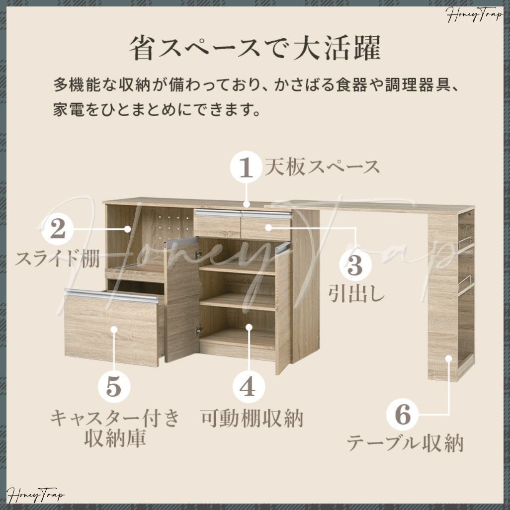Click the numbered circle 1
(246, 169)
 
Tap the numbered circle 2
(58, 229)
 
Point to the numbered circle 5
(114, 386)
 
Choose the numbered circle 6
(403, 414)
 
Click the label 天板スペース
(322, 167)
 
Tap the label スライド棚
(58, 259)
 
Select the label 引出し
(356, 293)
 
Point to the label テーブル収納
(405, 442)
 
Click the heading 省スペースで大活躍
(255, 49)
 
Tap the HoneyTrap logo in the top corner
(475, 16)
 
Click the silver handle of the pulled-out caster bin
(111, 296)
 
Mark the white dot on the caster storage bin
(114, 329)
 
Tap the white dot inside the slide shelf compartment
(128, 229)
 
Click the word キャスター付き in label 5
(114, 418)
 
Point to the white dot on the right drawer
(267, 228)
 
